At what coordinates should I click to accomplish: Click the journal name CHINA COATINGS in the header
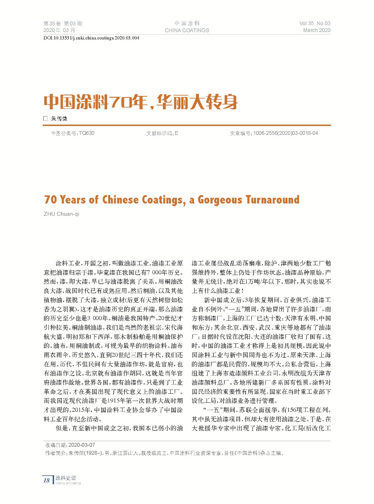pyautogui.click(x=187, y=30)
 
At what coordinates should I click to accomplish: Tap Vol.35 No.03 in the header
pyautogui.click(x=315, y=23)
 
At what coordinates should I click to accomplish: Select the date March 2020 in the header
pyautogui.click(x=316, y=30)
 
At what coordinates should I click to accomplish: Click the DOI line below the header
pyautogui.click(x=91, y=38)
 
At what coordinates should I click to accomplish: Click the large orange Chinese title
pyautogui.click(x=141, y=102)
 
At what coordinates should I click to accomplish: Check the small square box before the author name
pyautogui.click(x=45, y=119)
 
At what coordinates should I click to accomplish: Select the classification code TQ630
pyautogui.click(x=87, y=133)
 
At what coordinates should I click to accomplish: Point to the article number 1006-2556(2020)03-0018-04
pyautogui.click(x=286, y=133)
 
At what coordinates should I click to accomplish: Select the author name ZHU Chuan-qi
pyautogui.click(x=61, y=214)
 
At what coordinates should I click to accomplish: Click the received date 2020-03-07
pyautogui.click(x=82, y=445)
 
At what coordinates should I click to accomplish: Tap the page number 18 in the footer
pyautogui.click(x=46, y=480)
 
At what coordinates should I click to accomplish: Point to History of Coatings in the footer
pyautogui.click(x=68, y=483)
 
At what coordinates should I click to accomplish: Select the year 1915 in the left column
pyautogui.click(x=113, y=401)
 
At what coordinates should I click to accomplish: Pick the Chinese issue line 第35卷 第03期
pyautogui.click(x=63, y=23)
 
